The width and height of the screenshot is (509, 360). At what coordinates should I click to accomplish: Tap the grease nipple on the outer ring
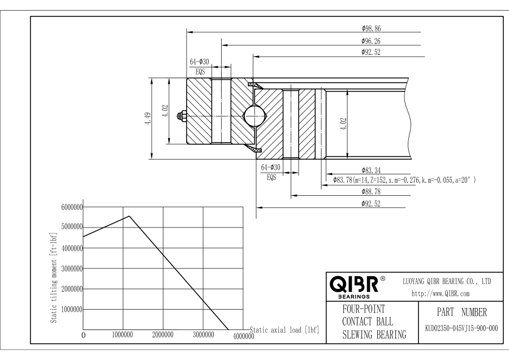point(182,117)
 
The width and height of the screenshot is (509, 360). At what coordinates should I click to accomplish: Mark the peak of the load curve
point(130,216)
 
